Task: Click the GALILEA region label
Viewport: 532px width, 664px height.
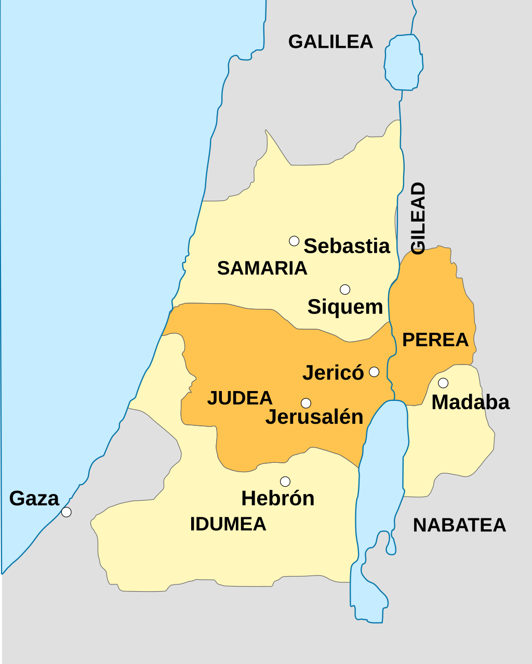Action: coord(330,42)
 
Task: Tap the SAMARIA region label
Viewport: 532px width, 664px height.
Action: coord(262,268)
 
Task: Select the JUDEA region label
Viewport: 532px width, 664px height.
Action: coord(240,398)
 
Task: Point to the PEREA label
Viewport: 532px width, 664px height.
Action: coord(435,340)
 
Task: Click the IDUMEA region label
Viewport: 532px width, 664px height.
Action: coord(228,524)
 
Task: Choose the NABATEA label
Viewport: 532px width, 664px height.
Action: coord(459,525)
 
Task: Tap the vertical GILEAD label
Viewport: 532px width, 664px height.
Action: coord(418,218)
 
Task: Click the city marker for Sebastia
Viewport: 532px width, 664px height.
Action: coord(294,241)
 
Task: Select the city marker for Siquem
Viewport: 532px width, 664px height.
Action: coord(345,290)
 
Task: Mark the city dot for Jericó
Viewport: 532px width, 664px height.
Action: coord(374,372)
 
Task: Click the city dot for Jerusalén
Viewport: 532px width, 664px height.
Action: coord(306,403)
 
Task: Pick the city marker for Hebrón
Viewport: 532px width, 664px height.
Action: coord(285,481)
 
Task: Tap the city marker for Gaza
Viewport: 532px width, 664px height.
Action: coord(66,512)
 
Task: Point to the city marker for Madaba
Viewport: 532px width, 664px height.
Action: coord(443,383)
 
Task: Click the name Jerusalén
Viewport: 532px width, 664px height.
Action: coord(314,417)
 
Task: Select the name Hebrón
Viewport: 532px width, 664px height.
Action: coord(278,499)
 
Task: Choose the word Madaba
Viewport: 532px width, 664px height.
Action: coord(470,402)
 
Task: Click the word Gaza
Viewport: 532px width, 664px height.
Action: coord(34,499)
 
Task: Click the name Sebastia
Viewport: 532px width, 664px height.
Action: coord(347,246)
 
